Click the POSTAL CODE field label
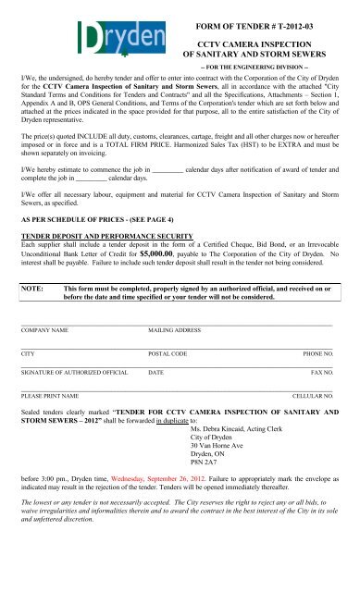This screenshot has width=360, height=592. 168,380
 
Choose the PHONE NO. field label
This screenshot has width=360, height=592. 319,380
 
